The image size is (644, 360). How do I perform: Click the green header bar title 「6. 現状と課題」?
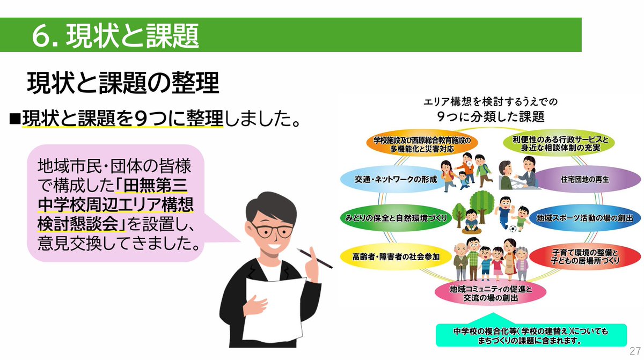(115, 35)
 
